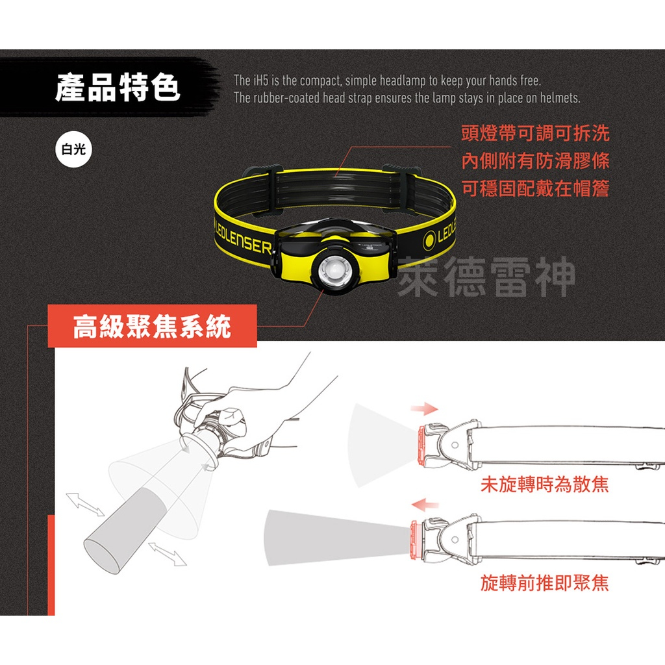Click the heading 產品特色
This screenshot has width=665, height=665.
(x=118, y=88)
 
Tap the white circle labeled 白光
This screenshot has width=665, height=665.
(x=73, y=149)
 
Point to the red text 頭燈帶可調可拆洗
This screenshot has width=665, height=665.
(x=535, y=133)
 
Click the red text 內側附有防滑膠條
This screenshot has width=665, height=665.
(x=535, y=161)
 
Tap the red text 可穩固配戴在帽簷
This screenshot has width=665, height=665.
(x=535, y=188)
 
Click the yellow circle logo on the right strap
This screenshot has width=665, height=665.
(x=429, y=240)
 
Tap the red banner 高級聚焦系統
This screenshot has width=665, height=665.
(x=152, y=326)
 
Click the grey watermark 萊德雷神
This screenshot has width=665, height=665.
(x=486, y=277)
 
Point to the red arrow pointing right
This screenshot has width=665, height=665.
(x=424, y=409)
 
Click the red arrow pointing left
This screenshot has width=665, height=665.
(x=425, y=504)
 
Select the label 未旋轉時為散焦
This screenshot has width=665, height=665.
(x=545, y=484)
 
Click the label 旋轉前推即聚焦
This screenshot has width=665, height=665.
(x=545, y=583)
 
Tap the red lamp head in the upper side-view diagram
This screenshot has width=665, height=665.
(x=422, y=445)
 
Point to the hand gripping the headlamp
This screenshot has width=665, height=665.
(x=250, y=403)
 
